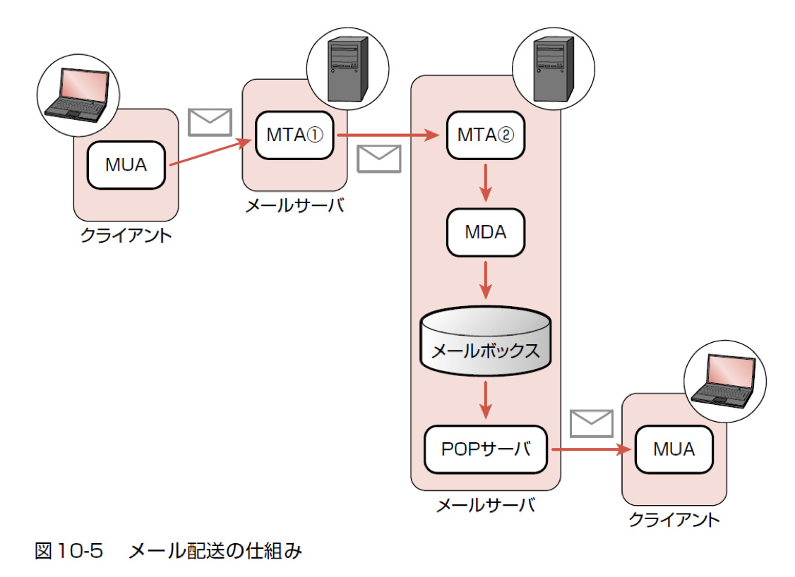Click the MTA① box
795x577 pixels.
click(x=295, y=134)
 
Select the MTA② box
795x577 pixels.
click(x=487, y=134)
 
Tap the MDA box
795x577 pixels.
click(x=486, y=232)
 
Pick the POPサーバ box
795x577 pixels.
click(x=486, y=449)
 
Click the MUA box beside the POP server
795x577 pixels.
click(x=674, y=449)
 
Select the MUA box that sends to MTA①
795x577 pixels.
click(x=126, y=164)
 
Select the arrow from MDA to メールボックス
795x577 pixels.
click(x=486, y=280)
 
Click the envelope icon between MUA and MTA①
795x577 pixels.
click(x=210, y=121)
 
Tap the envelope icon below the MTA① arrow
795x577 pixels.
click(x=378, y=159)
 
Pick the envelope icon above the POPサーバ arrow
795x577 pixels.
click(x=591, y=424)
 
